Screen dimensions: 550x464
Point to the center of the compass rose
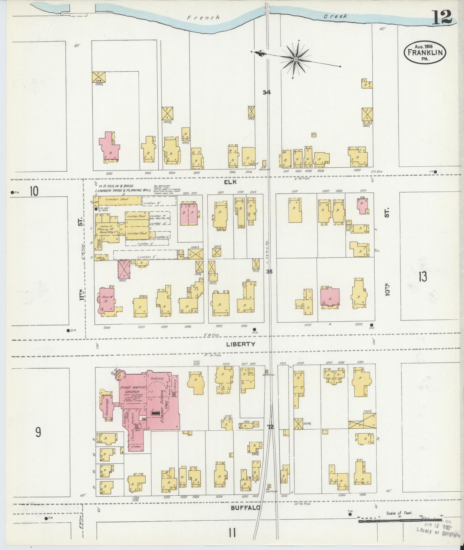(295, 59)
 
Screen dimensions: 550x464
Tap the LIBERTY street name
(240, 344)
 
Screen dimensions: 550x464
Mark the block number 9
(38, 432)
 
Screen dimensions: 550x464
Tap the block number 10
(34, 191)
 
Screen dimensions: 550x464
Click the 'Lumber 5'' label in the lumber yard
(145, 257)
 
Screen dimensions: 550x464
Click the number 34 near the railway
(267, 92)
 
